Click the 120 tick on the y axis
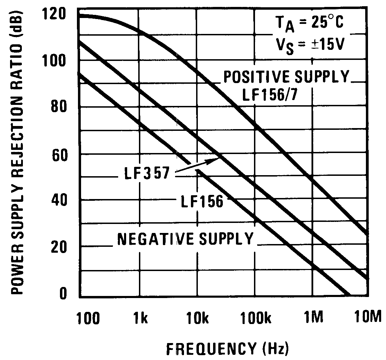click(52, 15)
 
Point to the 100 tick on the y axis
click(52, 61)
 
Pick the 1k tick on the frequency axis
click(140, 317)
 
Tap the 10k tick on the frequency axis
click(196, 317)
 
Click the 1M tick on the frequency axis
click(314, 317)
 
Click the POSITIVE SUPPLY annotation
click(285, 77)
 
